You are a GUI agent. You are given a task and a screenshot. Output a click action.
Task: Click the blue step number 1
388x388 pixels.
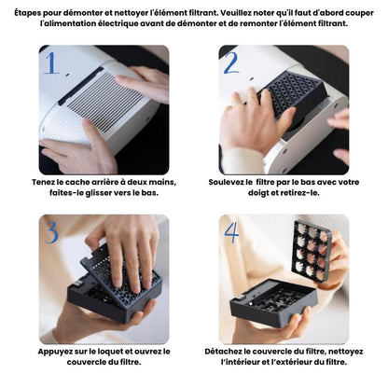(x=51, y=63)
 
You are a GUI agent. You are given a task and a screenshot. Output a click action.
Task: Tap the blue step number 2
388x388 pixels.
(x=232, y=62)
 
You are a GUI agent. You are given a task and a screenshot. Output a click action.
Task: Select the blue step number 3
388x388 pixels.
(x=51, y=232)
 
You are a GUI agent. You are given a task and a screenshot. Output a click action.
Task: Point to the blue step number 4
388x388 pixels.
(x=232, y=232)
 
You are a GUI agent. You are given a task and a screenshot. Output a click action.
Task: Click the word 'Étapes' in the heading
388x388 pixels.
(x=27, y=13)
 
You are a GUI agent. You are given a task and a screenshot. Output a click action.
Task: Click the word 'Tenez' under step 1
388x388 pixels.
(x=43, y=182)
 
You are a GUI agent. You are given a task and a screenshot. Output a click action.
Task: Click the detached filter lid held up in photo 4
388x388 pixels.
(x=312, y=250)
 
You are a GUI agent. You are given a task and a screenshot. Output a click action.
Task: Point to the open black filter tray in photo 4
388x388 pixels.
(x=273, y=302)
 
